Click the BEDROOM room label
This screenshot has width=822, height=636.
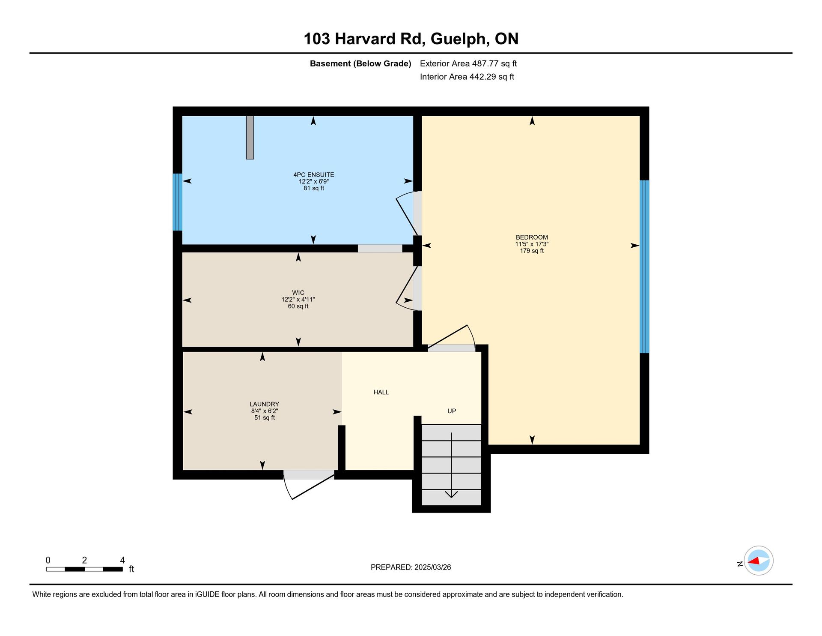[x=532, y=237]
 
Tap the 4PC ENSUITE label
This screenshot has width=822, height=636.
[x=314, y=174]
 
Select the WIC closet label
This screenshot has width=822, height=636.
[x=298, y=293]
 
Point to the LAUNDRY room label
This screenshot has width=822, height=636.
[x=265, y=404]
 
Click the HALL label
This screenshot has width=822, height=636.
[x=381, y=392]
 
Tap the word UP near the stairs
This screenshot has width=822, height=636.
[x=452, y=411]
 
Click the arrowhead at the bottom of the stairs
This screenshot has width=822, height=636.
[x=451, y=495]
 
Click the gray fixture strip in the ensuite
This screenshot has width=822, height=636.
[x=250, y=137]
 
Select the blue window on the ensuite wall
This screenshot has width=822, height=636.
[x=177, y=202]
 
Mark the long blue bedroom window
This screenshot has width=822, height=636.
[x=644, y=267]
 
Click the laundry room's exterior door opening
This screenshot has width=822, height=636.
[x=309, y=474]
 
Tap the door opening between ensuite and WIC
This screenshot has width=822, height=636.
[x=380, y=248]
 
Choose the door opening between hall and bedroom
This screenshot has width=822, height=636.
[x=451, y=348]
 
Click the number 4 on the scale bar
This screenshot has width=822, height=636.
[x=122, y=560]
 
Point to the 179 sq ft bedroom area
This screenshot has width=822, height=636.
[x=532, y=251]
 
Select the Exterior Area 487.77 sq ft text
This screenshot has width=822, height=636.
[x=468, y=63]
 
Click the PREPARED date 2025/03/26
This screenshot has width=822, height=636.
[x=433, y=567]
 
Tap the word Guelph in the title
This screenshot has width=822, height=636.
[x=460, y=39]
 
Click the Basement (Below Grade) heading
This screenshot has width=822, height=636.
[x=360, y=63]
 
